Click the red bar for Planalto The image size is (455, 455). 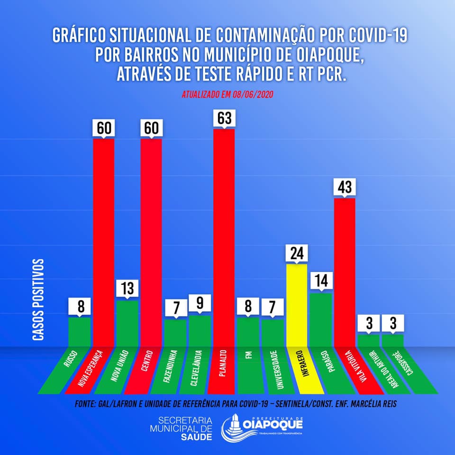(x=224, y=237)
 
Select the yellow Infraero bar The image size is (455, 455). (x=297, y=305)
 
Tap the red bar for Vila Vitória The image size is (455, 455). (x=345, y=273)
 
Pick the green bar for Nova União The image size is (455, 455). (x=127, y=324)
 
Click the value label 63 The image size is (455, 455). (x=225, y=118)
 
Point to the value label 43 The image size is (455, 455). (x=345, y=187)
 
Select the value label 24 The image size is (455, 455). (x=297, y=253)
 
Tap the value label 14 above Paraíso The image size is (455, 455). (x=321, y=281)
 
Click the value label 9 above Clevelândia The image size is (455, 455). (x=200, y=303)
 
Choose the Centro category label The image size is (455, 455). (x=147, y=361)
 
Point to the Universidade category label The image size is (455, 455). (x=276, y=370)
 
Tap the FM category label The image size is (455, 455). (x=249, y=355)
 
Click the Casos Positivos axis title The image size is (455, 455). (x=38, y=300)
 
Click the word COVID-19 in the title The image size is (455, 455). (x=378, y=35)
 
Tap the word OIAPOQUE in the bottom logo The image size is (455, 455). (x=273, y=425)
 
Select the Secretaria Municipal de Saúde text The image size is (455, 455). (x=181, y=428)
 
